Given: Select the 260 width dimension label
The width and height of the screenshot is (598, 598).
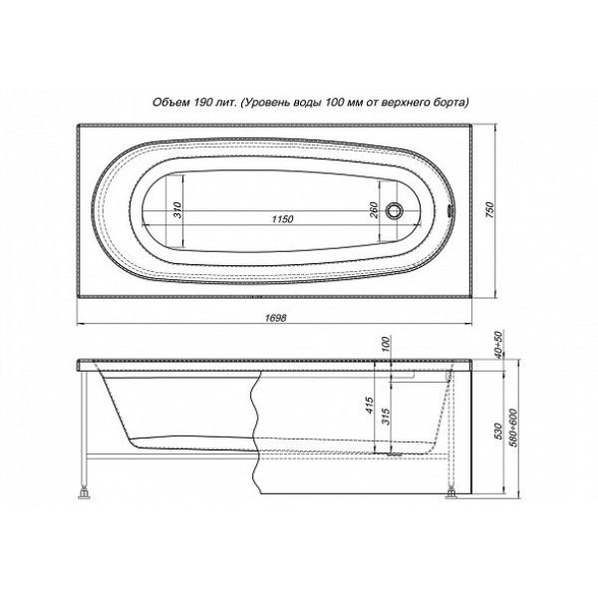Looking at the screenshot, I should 372,210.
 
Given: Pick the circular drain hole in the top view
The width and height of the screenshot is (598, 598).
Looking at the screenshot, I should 397,211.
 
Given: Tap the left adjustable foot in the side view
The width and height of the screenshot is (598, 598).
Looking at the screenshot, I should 84,490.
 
